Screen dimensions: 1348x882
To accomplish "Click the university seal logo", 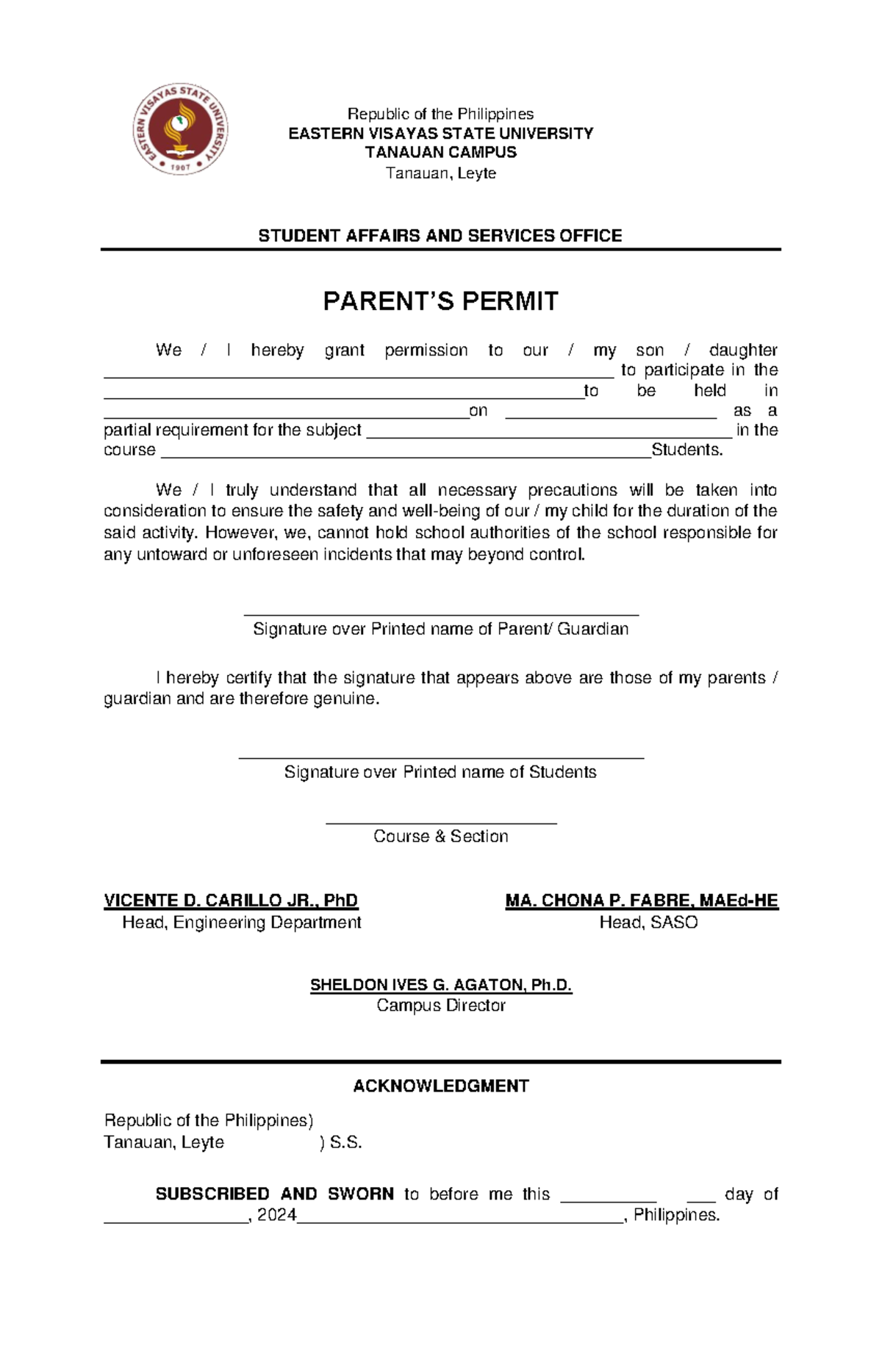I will point(180,129).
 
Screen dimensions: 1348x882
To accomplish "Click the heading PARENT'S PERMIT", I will point(440,301).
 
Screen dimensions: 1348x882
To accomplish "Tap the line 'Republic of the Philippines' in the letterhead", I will point(440,114).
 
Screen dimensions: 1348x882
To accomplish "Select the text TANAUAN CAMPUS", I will point(440,153).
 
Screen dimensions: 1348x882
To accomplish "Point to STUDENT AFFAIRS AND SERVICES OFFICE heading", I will point(440,236).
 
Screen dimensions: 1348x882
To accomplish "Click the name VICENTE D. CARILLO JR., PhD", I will point(231,901).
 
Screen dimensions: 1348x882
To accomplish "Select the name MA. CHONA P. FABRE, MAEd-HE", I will point(641,901).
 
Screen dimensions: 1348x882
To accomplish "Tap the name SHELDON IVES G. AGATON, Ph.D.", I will point(440,985).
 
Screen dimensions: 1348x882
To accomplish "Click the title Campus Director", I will point(440,1006).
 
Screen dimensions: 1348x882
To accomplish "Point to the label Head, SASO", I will point(648,923).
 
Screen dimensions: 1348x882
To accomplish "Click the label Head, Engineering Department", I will point(241,923).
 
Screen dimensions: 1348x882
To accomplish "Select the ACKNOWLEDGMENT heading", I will point(440,1086).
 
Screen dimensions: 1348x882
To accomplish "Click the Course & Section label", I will point(440,836).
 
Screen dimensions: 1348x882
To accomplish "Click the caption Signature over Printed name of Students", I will point(440,772).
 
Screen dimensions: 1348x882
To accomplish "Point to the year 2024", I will point(276,1215).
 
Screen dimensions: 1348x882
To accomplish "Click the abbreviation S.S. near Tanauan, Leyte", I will point(345,1143).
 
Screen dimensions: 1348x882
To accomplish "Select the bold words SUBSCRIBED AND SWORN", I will point(274,1194).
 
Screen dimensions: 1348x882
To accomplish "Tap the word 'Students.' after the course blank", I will point(686,450).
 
